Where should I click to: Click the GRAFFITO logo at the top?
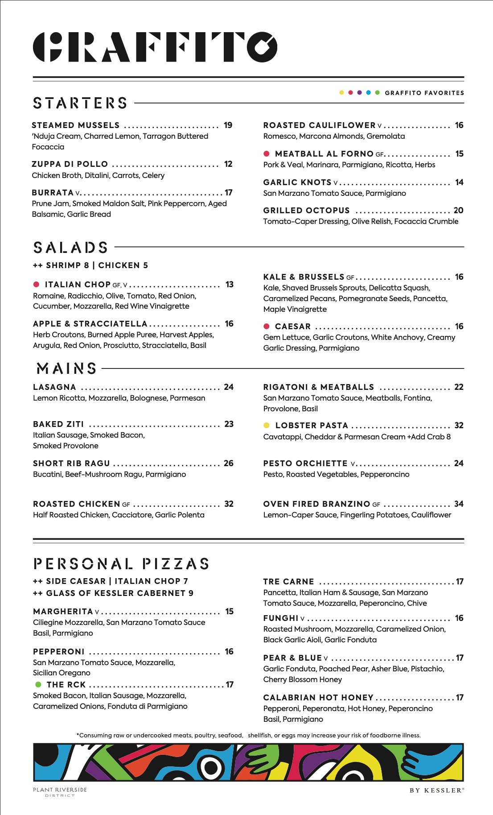[x=155, y=47]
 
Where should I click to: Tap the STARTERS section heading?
[x=80, y=103]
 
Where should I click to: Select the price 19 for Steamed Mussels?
[x=228, y=125]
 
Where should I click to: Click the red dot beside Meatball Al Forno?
[x=267, y=154]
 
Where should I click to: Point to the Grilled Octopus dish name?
[x=306, y=211]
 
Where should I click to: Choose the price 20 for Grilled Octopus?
[x=458, y=211]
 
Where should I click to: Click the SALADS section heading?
[x=70, y=248]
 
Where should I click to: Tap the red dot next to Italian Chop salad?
[x=37, y=285]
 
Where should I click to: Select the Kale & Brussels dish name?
[x=304, y=277]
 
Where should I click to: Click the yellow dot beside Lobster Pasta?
[x=267, y=426]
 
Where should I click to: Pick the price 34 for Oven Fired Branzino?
[x=459, y=504]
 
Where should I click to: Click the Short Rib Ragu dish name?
[x=71, y=463]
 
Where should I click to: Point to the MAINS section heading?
[x=67, y=368]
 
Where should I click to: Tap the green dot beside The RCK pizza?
[x=38, y=685]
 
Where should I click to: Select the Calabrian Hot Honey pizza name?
[x=318, y=698]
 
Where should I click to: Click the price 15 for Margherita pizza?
[x=229, y=612]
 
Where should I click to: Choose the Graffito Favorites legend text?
[x=424, y=93]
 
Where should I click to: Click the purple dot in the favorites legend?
[x=360, y=93]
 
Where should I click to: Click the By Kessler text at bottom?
[x=437, y=790]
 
